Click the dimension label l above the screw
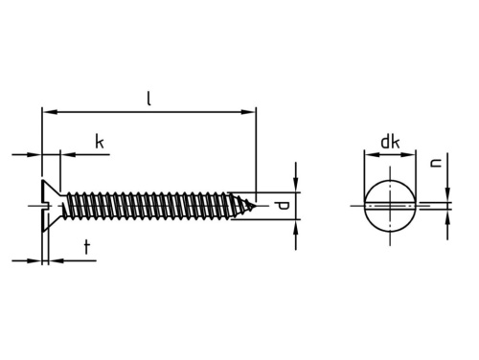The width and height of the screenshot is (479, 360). [148, 99]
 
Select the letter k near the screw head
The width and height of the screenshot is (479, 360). [100, 142]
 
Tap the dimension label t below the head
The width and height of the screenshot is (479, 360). [87, 247]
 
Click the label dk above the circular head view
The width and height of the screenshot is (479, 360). [390, 142]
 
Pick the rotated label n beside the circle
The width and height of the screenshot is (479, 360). [436, 163]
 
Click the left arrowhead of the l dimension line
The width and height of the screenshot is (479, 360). [50, 112]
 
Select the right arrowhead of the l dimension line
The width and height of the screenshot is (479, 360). [248, 112]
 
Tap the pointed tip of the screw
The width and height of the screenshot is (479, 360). [256, 206]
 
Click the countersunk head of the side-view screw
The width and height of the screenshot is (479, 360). [51, 206]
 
